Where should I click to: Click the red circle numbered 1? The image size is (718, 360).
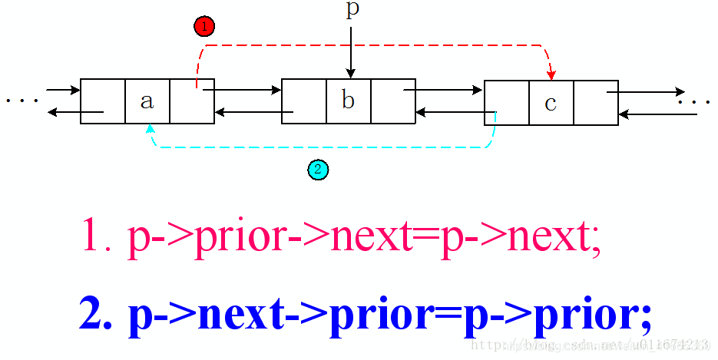point(204,27)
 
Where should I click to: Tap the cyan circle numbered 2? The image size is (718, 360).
point(318,170)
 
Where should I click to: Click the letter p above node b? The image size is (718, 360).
point(352,10)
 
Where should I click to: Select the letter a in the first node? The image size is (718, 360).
point(147,101)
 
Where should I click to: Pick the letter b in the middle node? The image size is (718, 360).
point(349,101)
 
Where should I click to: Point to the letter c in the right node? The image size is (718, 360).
point(551,103)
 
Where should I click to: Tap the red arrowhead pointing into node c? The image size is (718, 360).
point(551,74)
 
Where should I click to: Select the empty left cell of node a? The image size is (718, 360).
point(103,101)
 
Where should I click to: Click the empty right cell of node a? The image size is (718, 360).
point(192,101)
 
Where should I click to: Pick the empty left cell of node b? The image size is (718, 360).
point(304,101)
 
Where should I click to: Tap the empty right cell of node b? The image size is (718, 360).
point(393,101)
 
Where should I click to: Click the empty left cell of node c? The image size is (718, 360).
point(507,103)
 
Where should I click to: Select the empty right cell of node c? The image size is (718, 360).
point(596,103)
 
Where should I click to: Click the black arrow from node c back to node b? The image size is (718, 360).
point(450,113)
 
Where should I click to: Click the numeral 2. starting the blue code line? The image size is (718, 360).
point(96,315)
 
